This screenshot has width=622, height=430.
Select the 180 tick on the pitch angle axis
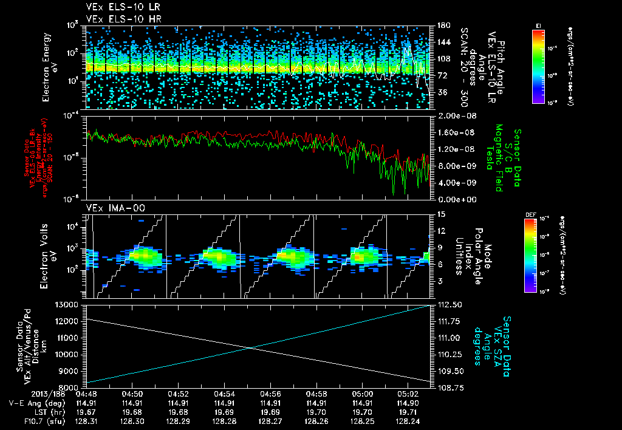click(x=439, y=26)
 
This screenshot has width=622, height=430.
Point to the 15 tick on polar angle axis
click(x=436, y=214)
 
